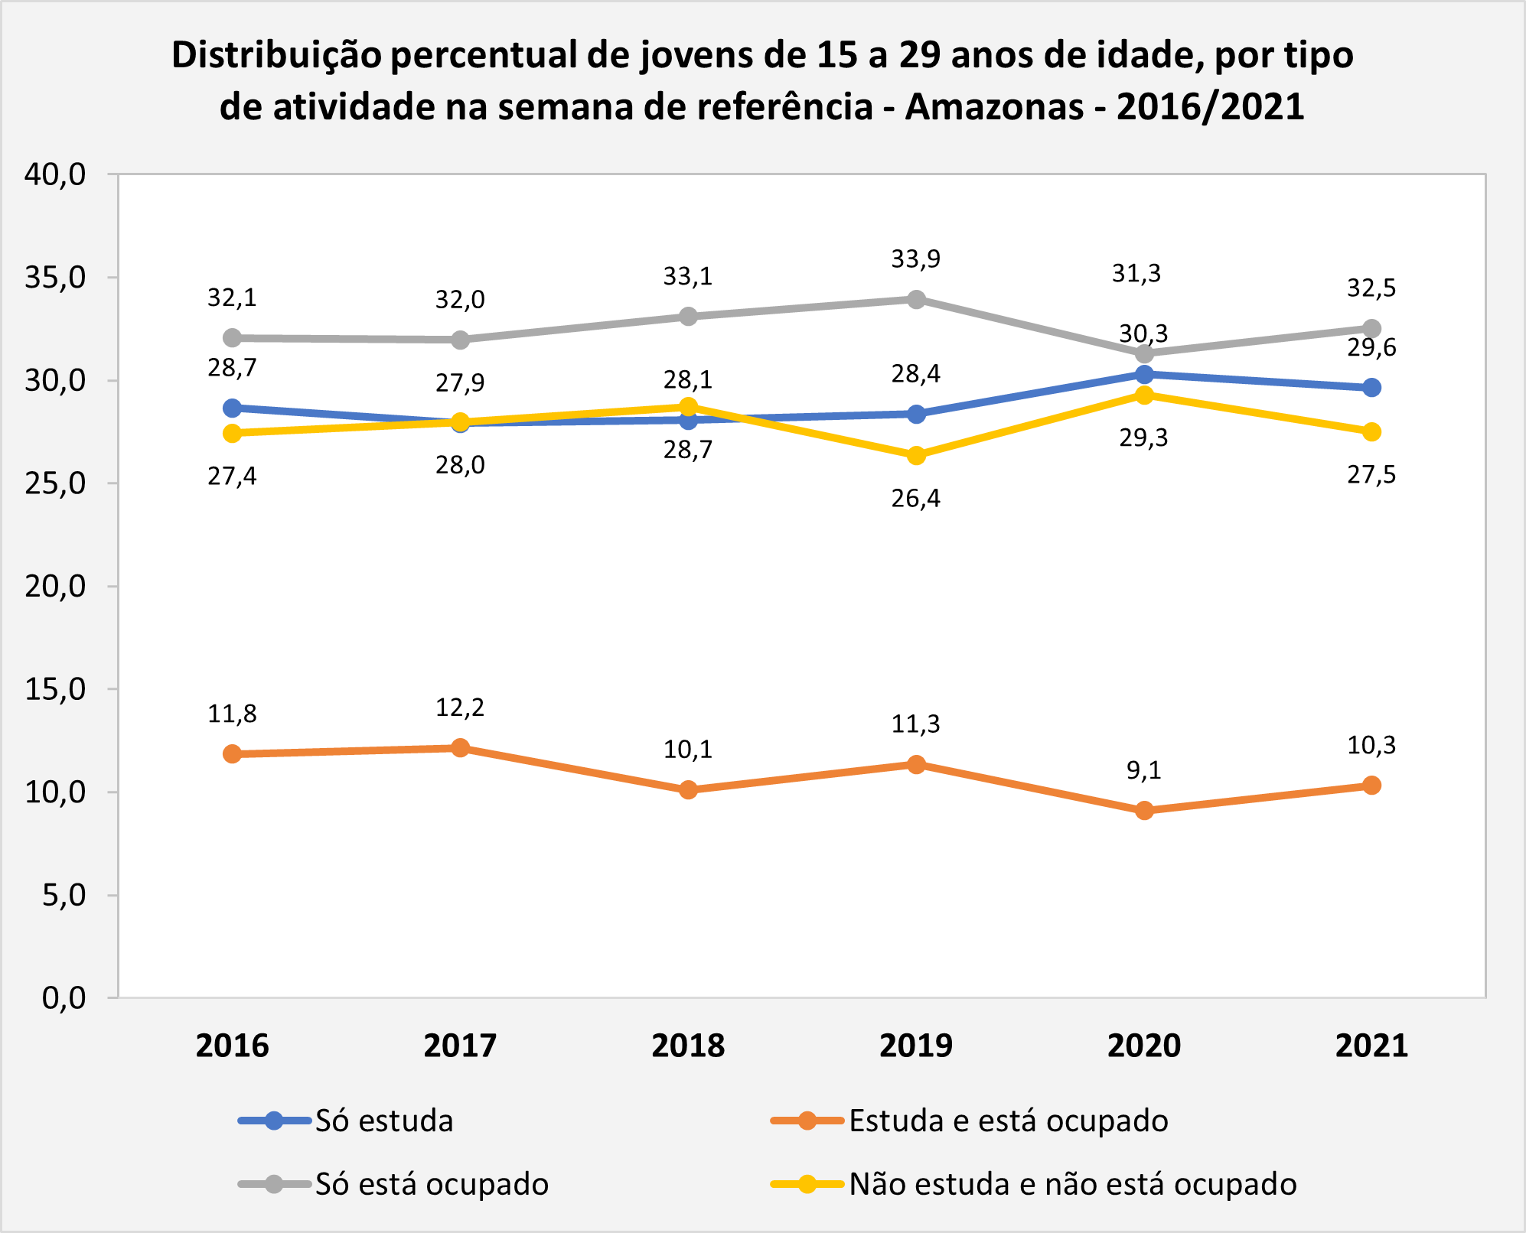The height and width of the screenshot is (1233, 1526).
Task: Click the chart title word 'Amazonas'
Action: coord(994,107)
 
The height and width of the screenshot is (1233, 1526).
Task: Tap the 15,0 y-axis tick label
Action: coord(55,689)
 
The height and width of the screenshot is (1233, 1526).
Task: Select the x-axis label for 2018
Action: coord(688,1046)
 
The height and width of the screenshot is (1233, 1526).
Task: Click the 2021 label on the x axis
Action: coord(1371,1046)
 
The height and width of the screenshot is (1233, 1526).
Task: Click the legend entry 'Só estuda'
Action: coord(346,1121)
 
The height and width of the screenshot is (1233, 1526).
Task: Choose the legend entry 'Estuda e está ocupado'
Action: coord(970,1121)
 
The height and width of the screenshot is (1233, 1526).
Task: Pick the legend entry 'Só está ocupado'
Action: coord(393,1184)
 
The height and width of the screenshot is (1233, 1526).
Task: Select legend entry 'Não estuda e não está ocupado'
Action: coord(1034,1184)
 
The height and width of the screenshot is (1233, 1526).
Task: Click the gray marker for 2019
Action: coord(916,299)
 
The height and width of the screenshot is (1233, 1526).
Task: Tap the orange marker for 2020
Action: coord(1144,810)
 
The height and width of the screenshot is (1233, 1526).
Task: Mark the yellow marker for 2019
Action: coord(916,455)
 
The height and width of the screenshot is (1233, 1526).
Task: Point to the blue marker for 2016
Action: coord(233,408)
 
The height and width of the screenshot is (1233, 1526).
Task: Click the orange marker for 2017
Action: coord(460,747)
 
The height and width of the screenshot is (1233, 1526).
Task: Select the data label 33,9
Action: coord(916,259)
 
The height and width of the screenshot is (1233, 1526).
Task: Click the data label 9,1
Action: coord(1144,770)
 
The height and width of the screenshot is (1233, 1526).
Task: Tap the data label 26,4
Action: coord(916,499)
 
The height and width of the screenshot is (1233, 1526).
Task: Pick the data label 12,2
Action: coord(460,708)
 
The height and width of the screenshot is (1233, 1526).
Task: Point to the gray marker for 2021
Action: coord(1371,329)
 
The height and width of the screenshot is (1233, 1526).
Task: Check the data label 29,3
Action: coord(1144,438)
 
